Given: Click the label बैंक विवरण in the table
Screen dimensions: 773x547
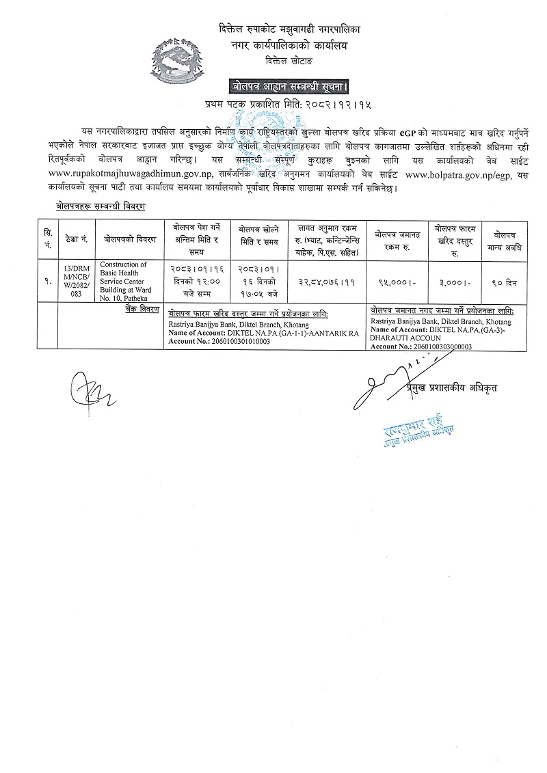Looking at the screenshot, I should (x=142, y=310).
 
